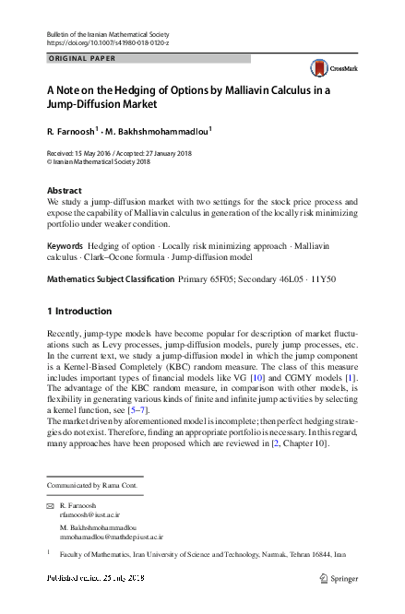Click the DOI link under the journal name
tap(107, 43)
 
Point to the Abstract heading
tap(64, 190)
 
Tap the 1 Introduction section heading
tap(80, 311)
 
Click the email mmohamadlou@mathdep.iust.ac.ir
tap(111, 537)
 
